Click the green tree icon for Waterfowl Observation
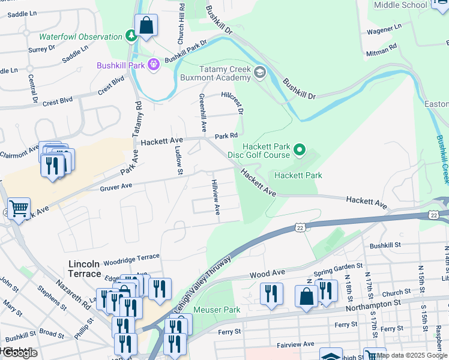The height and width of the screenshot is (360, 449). pyautogui.click(x=131, y=37)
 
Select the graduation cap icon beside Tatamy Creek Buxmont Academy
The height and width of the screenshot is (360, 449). pyautogui.click(x=259, y=73)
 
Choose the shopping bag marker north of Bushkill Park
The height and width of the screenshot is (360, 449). pyautogui.click(x=146, y=26)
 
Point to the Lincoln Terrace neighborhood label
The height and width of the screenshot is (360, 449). pyautogui.click(x=85, y=269)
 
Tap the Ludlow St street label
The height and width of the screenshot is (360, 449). pyautogui.click(x=179, y=163)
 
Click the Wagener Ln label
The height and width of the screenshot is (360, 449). pyautogui.click(x=384, y=28)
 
